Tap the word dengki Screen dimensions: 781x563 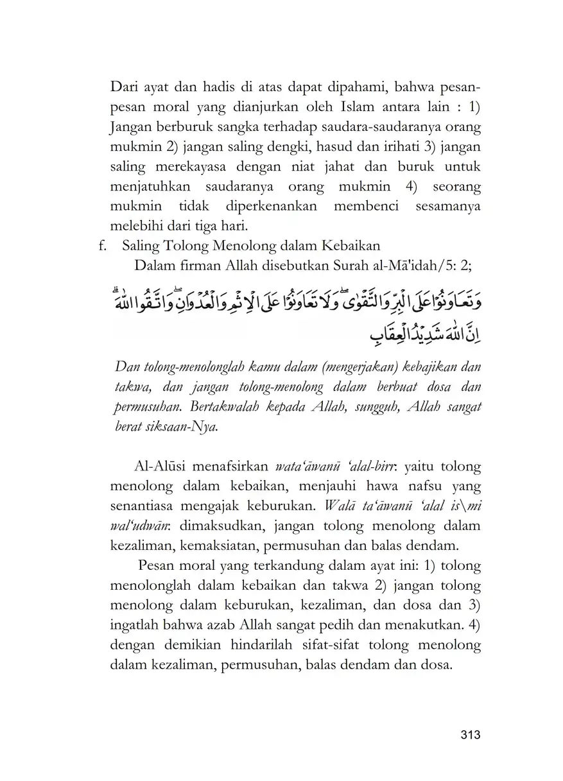pos(268,147)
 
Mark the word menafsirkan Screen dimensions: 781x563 pos(236,465)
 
